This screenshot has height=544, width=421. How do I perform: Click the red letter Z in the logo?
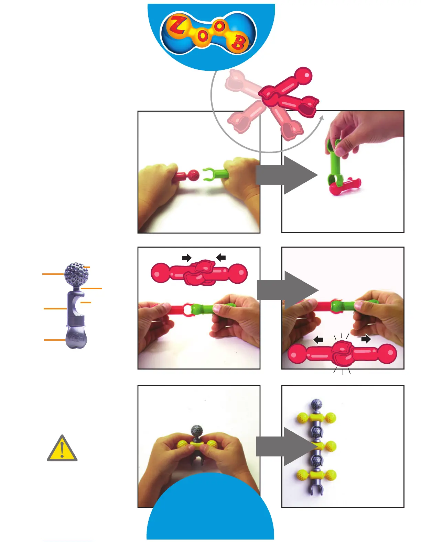point(177,25)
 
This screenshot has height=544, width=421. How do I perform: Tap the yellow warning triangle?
point(62,449)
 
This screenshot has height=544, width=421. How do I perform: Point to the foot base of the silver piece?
point(76,338)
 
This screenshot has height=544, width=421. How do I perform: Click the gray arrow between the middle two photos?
point(288,290)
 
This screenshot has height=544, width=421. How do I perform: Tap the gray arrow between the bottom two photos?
point(285,446)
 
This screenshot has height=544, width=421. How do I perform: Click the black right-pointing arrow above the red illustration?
point(186,258)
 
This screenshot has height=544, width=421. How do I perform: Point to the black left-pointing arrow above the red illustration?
point(221,257)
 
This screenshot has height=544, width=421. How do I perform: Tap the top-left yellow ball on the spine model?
point(302,418)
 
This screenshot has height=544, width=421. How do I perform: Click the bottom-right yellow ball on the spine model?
point(331,475)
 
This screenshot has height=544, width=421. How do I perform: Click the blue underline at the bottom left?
point(68,541)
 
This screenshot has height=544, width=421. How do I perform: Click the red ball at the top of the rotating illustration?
point(303,75)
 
